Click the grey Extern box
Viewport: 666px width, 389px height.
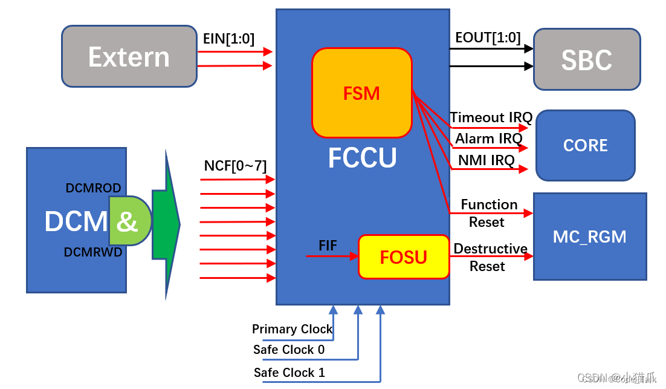(x=129, y=57)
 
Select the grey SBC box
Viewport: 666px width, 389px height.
(x=586, y=60)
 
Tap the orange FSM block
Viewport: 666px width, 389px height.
(x=361, y=93)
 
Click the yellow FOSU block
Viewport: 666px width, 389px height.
(x=404, y=257)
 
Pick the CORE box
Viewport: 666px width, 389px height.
(x=585, y=145)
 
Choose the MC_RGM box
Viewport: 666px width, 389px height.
(x=589, y=237)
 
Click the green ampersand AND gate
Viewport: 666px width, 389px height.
(x=129, y=221)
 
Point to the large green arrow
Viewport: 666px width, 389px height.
(x=166, y=224)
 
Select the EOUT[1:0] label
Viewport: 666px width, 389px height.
(x=488, y=38)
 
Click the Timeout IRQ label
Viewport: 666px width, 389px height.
(x=491, y=117)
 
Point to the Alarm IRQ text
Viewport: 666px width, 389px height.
(x=488, y=139)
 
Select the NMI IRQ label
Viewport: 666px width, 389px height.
(x=485, y=160)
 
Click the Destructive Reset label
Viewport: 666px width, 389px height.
(x=490, y=257)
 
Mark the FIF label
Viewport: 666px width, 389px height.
(x=328, y=246)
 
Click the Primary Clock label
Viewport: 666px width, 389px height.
(x=292, y=329)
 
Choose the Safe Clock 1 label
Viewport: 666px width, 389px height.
(x=289, y=373)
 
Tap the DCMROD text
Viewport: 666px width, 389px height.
(x=93, y=188)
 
